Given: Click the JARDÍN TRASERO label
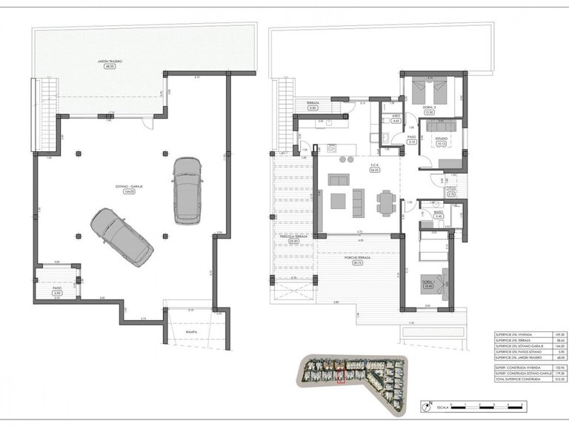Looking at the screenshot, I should [109, 62].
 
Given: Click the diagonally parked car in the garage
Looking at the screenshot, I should [122, 236].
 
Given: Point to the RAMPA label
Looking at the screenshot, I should [190, 332].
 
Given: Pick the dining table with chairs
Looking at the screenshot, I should [385, 201].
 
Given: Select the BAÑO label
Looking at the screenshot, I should [438, 212].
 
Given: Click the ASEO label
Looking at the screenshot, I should [396, 116].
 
